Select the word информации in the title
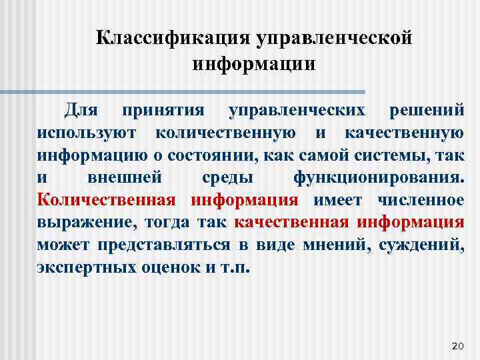pyautogui.click(x=253, y=65)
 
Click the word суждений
pyautogui.click(x=421, y=245)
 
